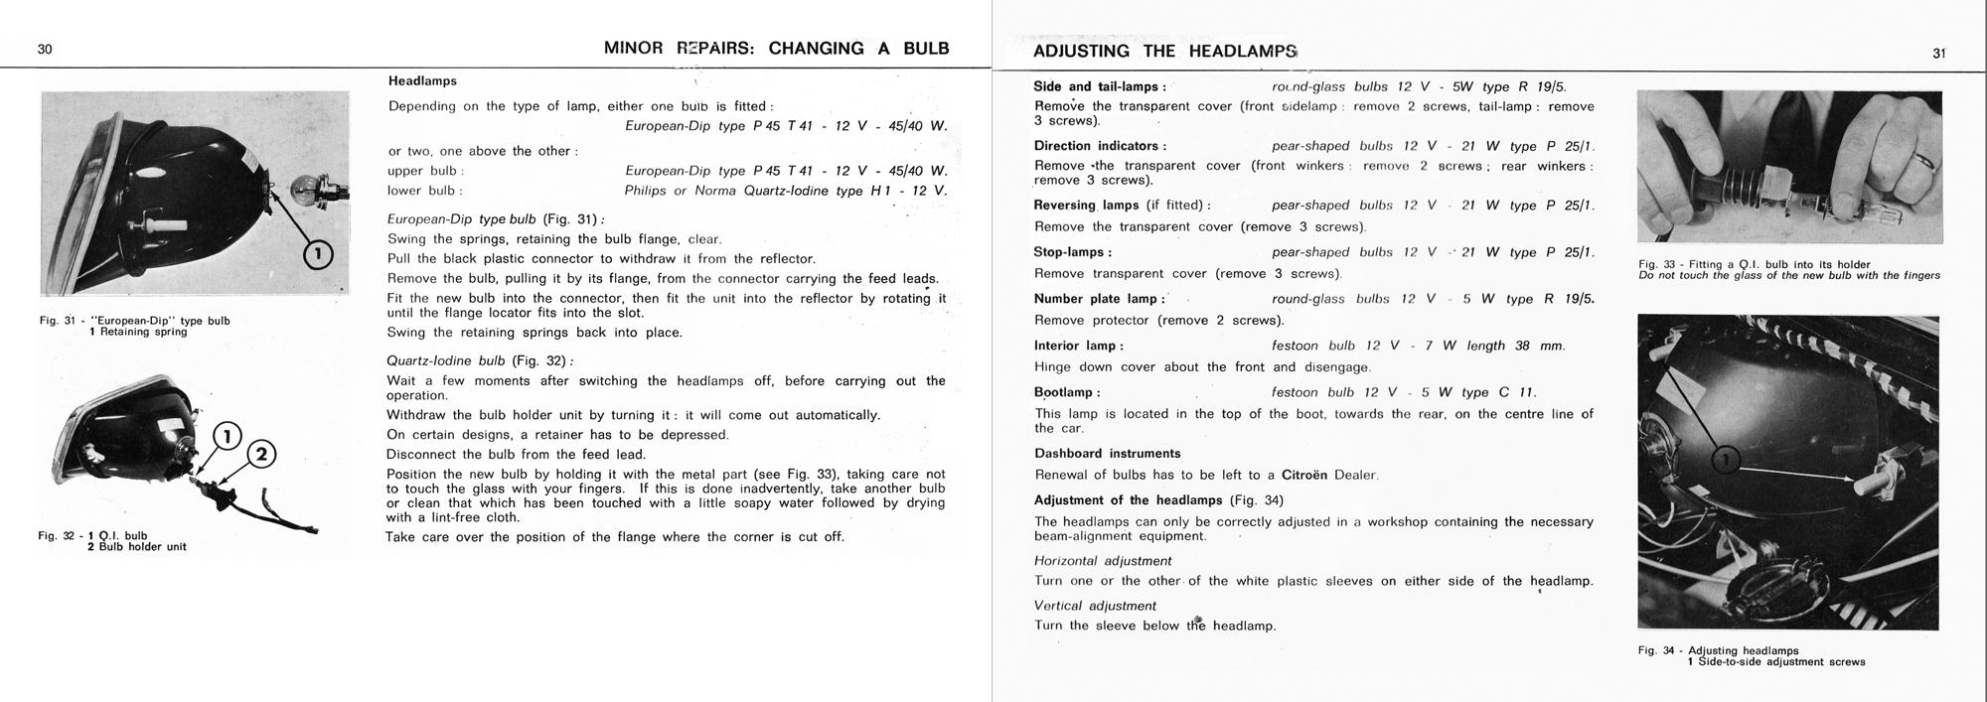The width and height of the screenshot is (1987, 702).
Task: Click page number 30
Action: [45, 49]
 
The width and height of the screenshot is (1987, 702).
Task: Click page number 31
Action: [1938, 54]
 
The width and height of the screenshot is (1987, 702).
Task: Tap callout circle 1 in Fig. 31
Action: [317, 255]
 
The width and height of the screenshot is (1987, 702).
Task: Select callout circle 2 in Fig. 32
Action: [260, 455]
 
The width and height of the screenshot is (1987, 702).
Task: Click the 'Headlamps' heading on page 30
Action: [422, 80]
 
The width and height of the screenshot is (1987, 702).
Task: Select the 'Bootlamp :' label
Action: [1067, 392]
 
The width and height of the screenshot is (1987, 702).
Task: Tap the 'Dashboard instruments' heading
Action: [1107, 453]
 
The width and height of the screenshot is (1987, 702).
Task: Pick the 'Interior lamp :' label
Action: [1078, 346]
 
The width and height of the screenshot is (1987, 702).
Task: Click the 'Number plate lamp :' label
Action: [1099, 299]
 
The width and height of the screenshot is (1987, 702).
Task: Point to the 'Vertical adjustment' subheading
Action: [1095, 606]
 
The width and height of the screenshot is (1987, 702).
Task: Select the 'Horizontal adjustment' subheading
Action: [1103, 561]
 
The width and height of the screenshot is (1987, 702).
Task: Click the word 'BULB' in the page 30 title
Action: [926, 49]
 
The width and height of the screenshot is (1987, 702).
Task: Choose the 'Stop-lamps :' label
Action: [1072, 252]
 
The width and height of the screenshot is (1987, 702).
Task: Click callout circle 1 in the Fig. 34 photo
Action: [1726, 459]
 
